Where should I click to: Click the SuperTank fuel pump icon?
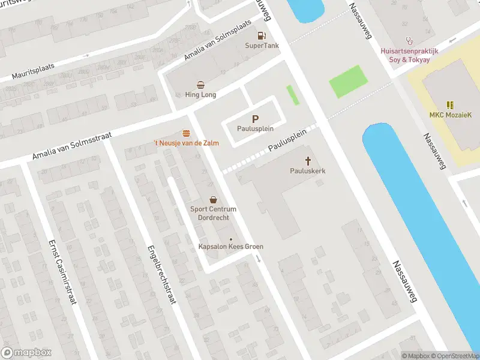pyautogui.click(x=261, y=35)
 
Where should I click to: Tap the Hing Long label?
pyautogui.click(x=200, y=95)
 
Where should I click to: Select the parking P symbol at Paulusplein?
pyautogui.click(x=256, y=119)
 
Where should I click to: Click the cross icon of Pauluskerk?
pyautogui.click(x=308, y=161)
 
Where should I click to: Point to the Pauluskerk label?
pyautogui.click(x=308, y=171)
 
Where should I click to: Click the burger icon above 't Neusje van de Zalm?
pyautogui.click(x=186, y=133)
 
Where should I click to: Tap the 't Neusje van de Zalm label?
pyautogui.click(x=186, y=143)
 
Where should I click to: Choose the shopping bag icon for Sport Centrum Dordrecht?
pyautogui.click(x=213, y=199)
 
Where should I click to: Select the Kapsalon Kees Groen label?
pyautogui.click(x=231, y=247)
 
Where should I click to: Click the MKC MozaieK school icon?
pyautogui.click(x=449, y=104)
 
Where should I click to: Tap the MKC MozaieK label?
pyautogui.click(x=449, y=115)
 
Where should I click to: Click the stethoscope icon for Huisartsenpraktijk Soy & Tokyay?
pyautogui.click(x=410, y=41)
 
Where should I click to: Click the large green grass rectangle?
pyautogui.click(x=349, y=81)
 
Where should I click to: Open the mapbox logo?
pyautogui.click(x=26, y=353)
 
